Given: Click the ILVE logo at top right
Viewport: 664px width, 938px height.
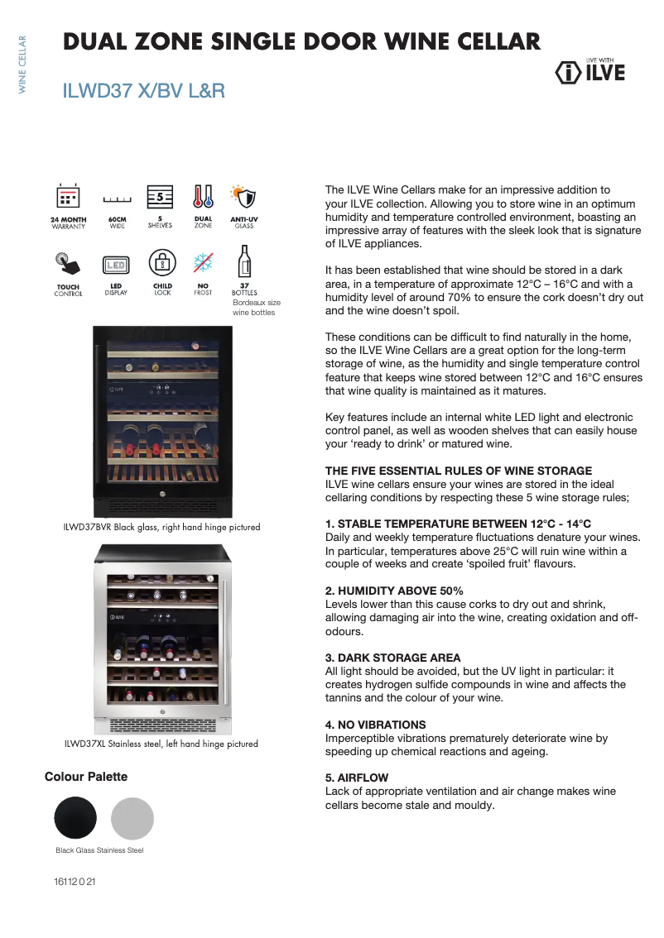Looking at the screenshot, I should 589,72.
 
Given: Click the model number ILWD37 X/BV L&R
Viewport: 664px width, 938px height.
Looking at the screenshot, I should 144,91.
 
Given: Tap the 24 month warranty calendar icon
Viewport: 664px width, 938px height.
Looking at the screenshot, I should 68,196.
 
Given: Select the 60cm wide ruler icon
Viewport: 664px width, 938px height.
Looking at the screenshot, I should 117,199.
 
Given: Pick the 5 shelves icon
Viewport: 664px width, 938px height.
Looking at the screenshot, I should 160,196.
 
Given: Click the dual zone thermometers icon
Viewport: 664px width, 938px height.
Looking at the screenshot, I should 203,196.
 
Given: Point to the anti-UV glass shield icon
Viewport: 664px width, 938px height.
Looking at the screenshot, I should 244,196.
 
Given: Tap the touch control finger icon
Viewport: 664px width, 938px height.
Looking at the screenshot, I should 68,264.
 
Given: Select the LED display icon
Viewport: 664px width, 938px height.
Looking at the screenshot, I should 116,265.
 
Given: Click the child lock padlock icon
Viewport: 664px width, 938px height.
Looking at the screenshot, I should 162,264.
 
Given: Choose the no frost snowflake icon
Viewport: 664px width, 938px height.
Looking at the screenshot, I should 203,264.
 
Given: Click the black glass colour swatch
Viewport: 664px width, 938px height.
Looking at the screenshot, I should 75,818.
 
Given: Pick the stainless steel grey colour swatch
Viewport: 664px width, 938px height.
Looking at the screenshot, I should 132,818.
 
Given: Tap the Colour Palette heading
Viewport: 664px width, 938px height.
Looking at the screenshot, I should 86,777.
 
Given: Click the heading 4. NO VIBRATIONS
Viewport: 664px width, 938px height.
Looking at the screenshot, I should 375,725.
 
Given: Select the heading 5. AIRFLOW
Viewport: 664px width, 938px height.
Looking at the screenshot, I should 357,778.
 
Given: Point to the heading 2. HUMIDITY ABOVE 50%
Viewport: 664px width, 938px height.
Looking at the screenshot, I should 394,591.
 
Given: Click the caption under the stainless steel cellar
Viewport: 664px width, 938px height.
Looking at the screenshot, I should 161,744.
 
